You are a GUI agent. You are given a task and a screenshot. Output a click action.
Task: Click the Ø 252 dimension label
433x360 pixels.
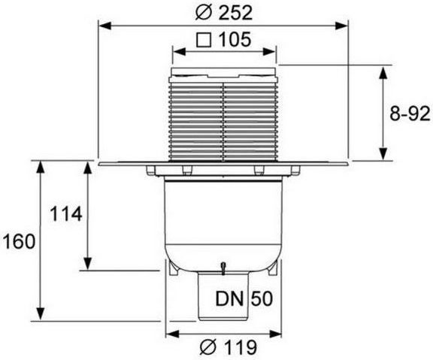[224, 13]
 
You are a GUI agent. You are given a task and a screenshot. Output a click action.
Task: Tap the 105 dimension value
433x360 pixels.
[235, 40]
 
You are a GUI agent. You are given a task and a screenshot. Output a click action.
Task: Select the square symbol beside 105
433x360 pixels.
[204, 40]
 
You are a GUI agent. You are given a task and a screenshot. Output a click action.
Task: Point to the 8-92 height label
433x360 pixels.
[410, 113]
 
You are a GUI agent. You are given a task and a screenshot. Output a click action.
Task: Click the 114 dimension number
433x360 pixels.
[65, 214]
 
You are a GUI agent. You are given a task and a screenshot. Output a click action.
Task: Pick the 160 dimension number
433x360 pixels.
[19, 241]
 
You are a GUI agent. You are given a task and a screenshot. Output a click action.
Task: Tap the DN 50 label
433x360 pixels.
[244, 298]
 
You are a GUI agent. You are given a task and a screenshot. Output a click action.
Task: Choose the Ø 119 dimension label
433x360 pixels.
[228, 347]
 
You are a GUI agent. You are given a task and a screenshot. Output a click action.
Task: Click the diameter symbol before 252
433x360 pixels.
[203, 13]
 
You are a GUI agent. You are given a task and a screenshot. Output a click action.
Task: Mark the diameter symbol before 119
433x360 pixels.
[207, 347]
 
